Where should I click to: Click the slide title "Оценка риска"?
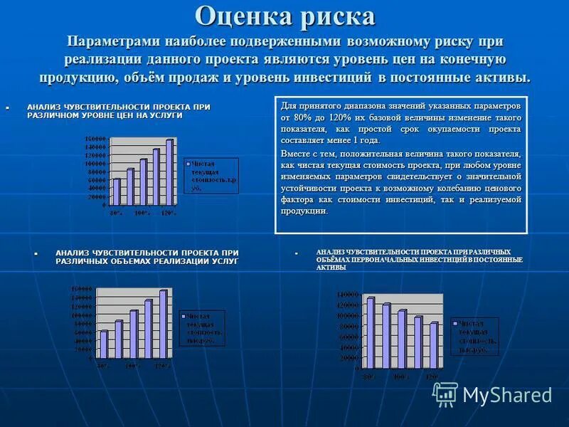pos(284,15)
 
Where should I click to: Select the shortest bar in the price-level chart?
pos(117,191)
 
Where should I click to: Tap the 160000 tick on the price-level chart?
pos(97,138)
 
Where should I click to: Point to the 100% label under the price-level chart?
pos(142,212)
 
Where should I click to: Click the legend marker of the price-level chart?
pos(188,164)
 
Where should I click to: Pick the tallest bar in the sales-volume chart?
pos(163,323)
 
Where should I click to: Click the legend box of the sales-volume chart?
pos(203,328)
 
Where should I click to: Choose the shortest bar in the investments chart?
pos(433,345)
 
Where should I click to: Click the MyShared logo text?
pos(507,395)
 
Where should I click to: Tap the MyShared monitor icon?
pos(445,394)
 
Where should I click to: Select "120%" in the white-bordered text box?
pos(339,117)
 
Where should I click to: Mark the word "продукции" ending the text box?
pos(305,211)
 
